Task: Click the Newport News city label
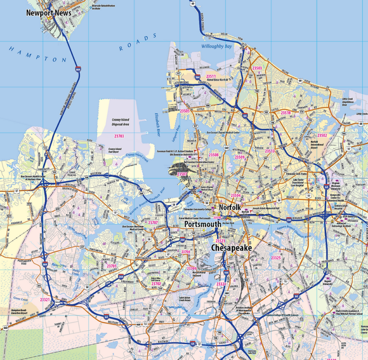(48, 13)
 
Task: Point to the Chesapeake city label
(232, 248)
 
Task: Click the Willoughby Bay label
(216, 46)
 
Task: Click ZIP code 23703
(119, 136)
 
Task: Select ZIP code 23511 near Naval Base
(211, 76)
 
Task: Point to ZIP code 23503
(257, 68)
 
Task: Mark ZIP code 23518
(286, 113)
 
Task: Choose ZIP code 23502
(322, 136)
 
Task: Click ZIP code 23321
(45, 299)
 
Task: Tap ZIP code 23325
(276, 258)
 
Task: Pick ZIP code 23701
(112, 266)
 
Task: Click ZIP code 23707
(153, 223)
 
